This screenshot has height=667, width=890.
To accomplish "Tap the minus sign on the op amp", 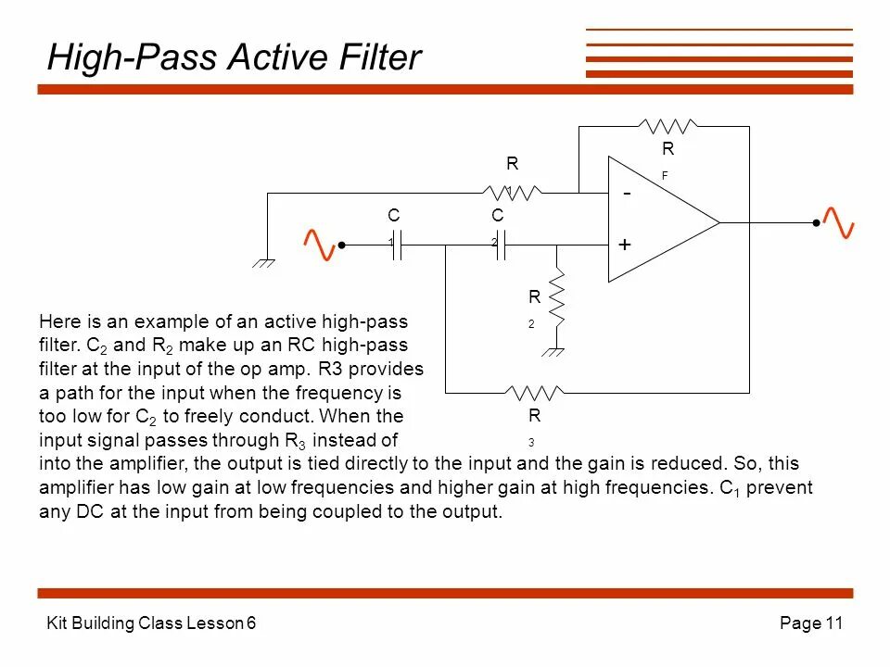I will pyautogui.click(x=628, y=195).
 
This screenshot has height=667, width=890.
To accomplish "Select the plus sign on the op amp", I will pyautogui.click(x=625, y=245).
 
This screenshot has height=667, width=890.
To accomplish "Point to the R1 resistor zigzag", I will pyautogui.click(x=512, y=193).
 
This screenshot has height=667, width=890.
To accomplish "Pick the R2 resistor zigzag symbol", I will pyautogui.click(x=556, y=296).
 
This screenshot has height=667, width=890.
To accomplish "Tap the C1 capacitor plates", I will pyautogui.click(x=397, y=245).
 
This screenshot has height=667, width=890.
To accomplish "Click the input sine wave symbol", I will pyautogui.click(x=320, y=244).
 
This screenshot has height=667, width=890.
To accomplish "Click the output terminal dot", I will pyautogui.click(x=816, y=223).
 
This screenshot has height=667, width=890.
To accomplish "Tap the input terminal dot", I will pyautogui.click(x=342, y=245).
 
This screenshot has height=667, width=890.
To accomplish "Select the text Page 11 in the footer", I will pyautogui.click(x=811, y=623).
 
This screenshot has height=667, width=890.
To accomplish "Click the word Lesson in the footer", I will pyautogui.click(x=219, y=623).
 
